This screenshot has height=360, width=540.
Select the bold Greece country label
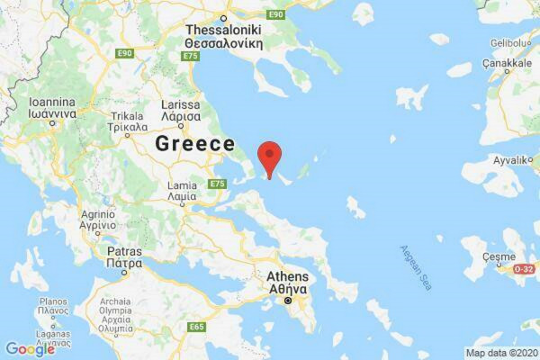[x=194, y=143]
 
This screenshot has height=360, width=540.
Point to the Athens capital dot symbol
[x=288, y=302]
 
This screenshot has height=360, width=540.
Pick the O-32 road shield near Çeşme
[x=525, y=269]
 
